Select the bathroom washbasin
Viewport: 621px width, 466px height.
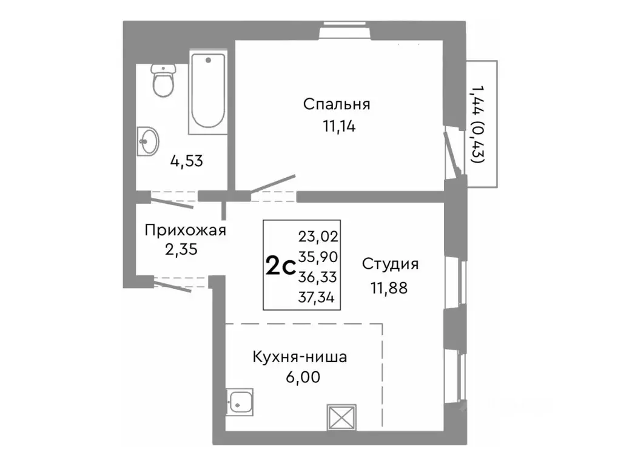147,141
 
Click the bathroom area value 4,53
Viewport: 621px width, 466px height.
186,161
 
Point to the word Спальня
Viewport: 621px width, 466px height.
337,104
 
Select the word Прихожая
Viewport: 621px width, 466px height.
185,230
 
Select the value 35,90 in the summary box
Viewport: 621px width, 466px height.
318,257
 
